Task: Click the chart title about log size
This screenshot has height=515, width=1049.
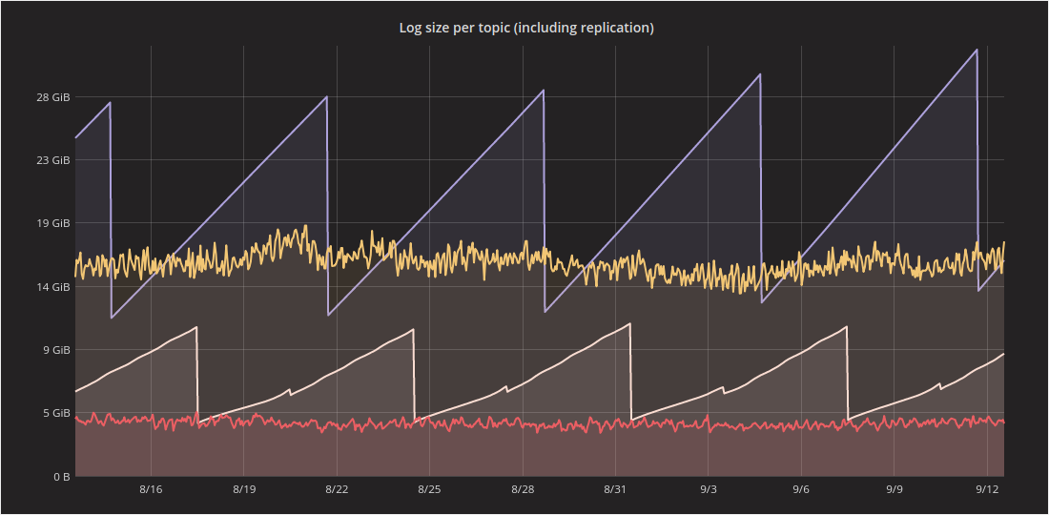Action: click(x=525, y=28)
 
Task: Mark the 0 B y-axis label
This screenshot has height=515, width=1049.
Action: click(x=59, y=476)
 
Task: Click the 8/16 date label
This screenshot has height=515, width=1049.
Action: click(x=151, y=489)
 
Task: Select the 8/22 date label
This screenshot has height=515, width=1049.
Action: click(x=337, y=489)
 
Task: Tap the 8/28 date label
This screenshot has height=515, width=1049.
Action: click(x=523, y=489)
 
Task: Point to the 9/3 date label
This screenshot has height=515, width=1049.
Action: click(x=709, y=489)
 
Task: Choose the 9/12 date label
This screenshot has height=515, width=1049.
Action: click(x=987, y=489)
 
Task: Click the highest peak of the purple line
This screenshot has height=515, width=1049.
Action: click(x=977, y=50)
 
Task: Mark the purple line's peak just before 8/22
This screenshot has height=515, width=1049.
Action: click(x=326, y=97)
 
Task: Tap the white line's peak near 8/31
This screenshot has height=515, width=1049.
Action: click(x=630, y=323)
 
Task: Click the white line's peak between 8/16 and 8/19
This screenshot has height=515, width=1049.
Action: click(x=196, y=327)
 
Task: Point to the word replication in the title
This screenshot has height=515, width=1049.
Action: click(x=613, y=28)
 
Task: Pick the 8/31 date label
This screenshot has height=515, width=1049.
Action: click(x=615, y=489)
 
